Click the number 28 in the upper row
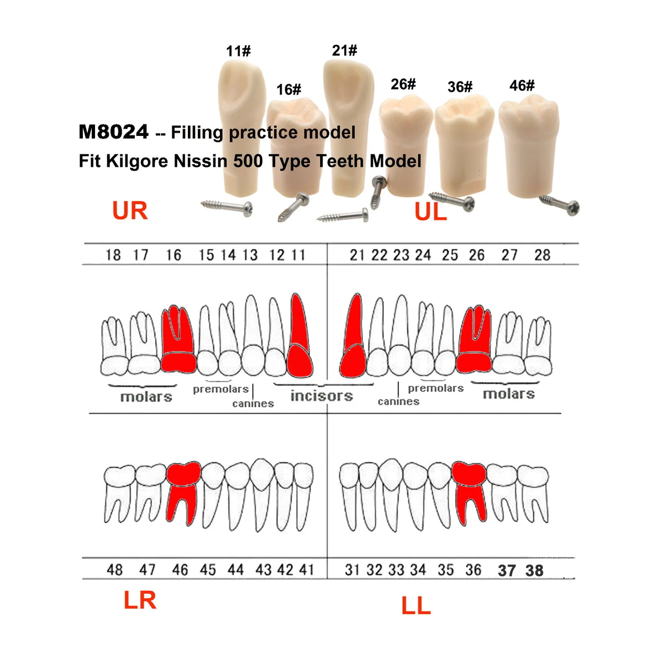542,255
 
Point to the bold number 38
534,571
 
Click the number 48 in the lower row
114,570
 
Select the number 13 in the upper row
250,255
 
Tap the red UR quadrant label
130,210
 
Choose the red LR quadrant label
140,599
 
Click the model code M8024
114,132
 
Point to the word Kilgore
137,161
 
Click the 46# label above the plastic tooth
522,85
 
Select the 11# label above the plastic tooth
238,51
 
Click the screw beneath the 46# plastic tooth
560,204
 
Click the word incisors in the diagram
322,396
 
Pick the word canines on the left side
253,403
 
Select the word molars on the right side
509,394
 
